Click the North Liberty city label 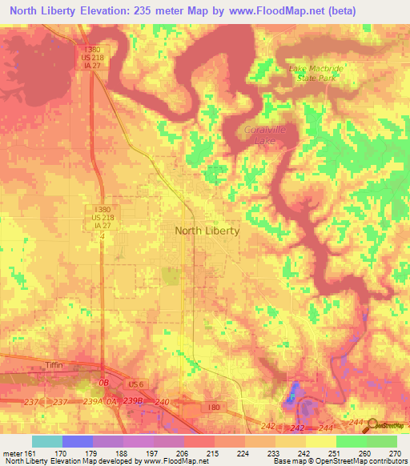207,231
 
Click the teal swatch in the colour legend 47,441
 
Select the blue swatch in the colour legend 78,441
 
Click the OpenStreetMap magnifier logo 374,424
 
